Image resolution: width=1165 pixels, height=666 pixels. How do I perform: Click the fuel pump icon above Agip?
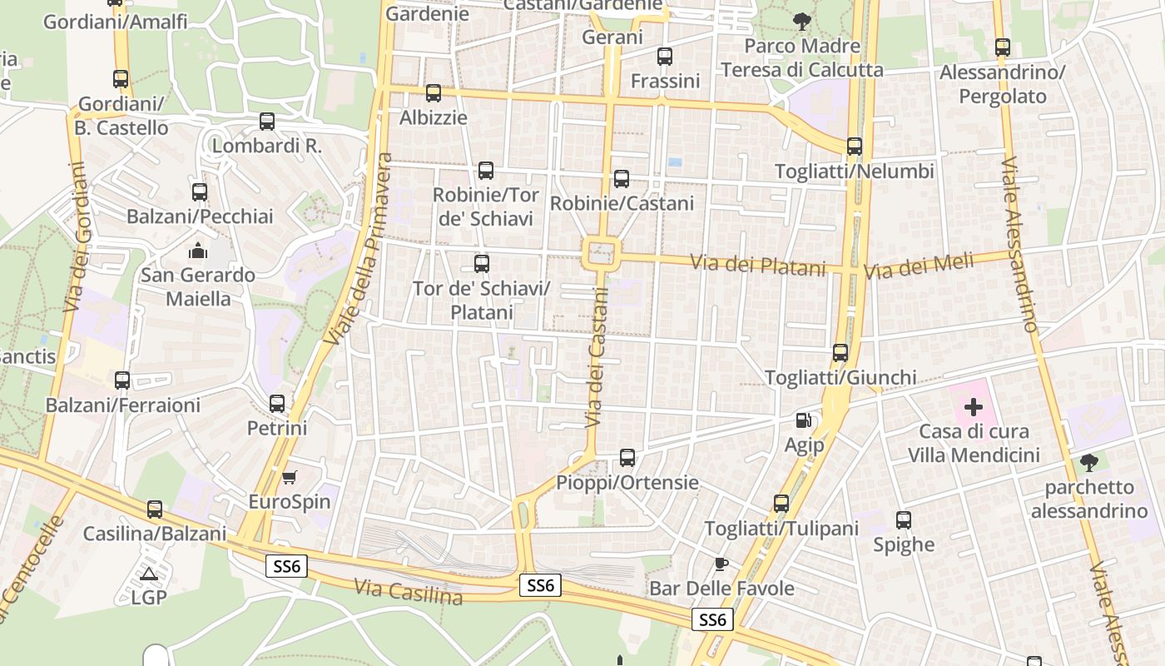[803, 420]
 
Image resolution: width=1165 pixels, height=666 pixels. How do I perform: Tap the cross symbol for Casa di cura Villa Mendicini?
[973, 407]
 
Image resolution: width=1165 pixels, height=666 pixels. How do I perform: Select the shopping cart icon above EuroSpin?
[289, 477]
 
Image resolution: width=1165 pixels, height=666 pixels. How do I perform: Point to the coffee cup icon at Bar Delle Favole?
[721, 564]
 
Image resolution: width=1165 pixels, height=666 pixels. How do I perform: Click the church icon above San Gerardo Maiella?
[198, 250]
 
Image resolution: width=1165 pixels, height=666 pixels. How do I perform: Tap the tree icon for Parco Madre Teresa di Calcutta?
[801, 21]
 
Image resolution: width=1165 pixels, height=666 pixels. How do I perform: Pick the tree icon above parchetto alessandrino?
[1088, 462]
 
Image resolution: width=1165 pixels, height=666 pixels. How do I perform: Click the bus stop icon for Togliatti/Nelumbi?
[854, 147]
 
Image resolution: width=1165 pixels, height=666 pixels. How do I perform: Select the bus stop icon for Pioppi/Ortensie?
[627, 457]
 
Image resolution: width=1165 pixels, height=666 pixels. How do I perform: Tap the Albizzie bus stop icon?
[433, 93]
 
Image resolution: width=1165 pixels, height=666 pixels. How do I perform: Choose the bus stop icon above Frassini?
[664, 57]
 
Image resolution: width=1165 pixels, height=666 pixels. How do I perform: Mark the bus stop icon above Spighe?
[904, 520]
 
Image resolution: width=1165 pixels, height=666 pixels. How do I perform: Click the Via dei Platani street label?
[758, 266]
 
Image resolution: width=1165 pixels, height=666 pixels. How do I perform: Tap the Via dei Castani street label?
[597, 357]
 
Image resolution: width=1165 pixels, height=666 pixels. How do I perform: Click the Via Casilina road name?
[408, 592]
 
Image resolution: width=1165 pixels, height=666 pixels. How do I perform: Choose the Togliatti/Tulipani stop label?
[781, 529]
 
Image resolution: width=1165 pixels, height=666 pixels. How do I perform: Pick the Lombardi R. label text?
[266, 146]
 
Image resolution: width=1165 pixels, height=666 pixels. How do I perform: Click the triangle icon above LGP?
[149, 574]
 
